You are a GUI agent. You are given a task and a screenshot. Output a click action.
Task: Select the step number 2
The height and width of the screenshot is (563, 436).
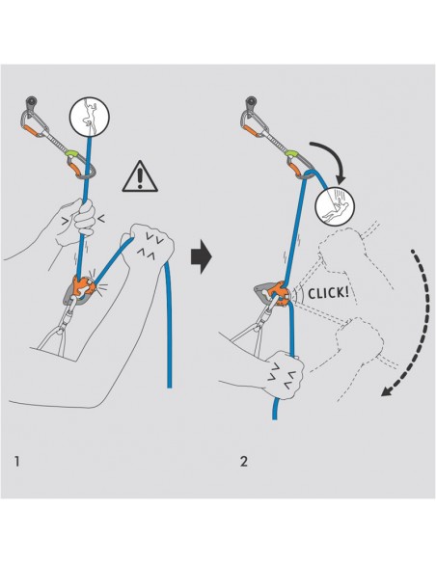tap(242, 459)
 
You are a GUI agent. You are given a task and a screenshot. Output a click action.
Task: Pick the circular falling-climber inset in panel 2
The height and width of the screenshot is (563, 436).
tap(335, 204)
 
